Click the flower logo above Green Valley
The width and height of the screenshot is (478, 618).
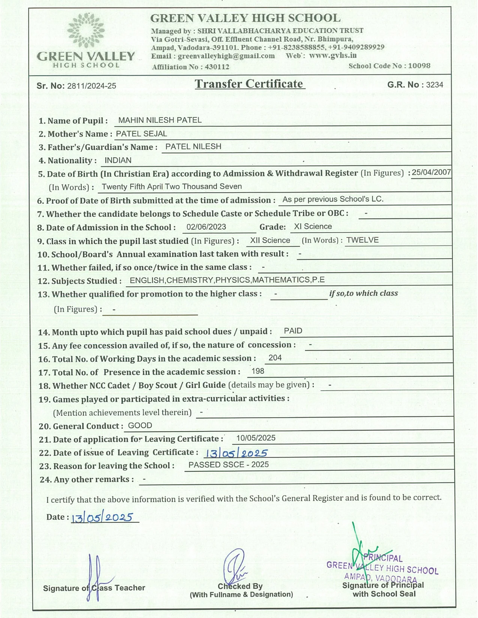coord(86,31)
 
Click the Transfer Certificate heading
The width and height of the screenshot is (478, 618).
coord(249,84)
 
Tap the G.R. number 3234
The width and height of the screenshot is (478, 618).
coord(435,85)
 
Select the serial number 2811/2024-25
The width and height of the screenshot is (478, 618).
coord(91,86)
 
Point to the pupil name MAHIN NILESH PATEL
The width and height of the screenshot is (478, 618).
coord(160,120)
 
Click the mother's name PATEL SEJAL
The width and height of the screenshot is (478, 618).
coord(141,134)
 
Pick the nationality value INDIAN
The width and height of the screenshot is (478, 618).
coord(118,160)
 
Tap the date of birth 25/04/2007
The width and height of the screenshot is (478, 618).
coord(431,172)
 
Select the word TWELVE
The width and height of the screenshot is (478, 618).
coord(362,240)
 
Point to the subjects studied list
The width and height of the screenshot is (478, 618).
coord(227,280)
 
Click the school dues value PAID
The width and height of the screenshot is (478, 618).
coord(293,331)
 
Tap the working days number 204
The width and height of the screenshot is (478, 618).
coord(275,358)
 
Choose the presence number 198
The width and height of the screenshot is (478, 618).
coord(258,371)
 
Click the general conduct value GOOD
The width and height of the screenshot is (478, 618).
coord(140,425)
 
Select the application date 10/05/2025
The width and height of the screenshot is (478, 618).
coord(256,438)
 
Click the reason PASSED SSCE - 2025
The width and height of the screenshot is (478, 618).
coord(228,465)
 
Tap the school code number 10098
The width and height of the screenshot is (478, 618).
coord(419,66)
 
